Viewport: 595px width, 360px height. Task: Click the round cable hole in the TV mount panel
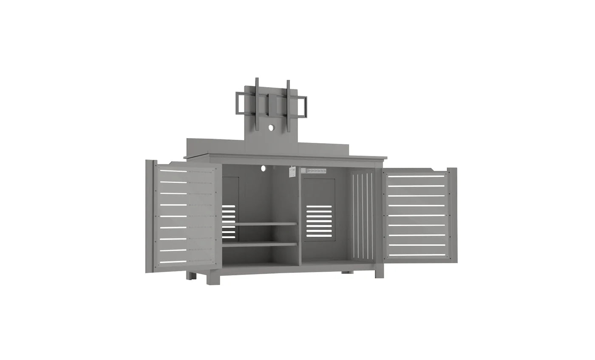pyautogui.click(x=271, y=127)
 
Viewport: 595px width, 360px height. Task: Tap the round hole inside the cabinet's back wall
pyautogui.click(x=263, y=169)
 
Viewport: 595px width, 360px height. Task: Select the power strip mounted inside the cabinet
pyautogui.click(x=314, y=170)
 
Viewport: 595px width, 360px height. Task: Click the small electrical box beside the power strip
pyautogui.click(x=292, y=171)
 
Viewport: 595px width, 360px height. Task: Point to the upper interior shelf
pyautogui.click(x=259, y=224)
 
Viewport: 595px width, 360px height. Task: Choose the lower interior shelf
pyautogui.click(x=259, y=244)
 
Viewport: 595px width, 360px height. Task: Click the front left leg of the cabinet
pyautogui.click(x=213, y=279)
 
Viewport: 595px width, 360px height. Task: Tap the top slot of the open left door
pyautogui.click(x=173, y=171)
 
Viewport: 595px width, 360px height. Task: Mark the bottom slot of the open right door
pyautogui.click(x=417, y=255)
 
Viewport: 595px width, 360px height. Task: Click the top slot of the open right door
pyautogui.click(x=416, y=176)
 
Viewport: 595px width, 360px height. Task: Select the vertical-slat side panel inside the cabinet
pyautogui.click(x=363, y=215)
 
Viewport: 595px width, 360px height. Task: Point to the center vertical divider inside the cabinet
pyautogui.click(x=300, y=217)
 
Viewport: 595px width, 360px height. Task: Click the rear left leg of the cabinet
pyautogui.click(x=191, y=275)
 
